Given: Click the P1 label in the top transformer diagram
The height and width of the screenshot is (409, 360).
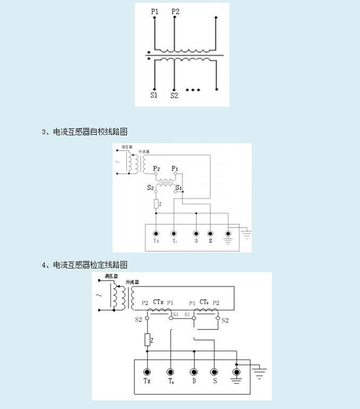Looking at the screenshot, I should tap(155, 11).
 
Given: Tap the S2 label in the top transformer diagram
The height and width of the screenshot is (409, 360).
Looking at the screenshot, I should tap(174, 95).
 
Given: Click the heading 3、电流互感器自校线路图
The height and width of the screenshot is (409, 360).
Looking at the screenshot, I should tap(84, 132).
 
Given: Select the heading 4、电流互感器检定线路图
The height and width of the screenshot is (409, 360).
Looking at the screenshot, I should tap(84, 264).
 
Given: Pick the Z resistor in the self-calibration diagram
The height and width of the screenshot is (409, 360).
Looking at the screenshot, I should tap(156, 204).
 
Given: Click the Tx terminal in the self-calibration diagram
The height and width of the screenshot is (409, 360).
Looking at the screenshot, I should tap(156, 234).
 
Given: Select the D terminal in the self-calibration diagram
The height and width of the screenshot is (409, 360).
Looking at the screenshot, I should tap(196, 234).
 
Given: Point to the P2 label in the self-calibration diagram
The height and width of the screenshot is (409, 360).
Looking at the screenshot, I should tap(156, 169).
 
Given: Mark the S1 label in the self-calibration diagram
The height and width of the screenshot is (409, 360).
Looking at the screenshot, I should tap(179, 188).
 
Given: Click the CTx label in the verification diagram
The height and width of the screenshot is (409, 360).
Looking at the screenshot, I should tap(158, 302).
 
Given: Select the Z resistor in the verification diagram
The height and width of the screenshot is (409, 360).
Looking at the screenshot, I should tap(147, 340).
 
